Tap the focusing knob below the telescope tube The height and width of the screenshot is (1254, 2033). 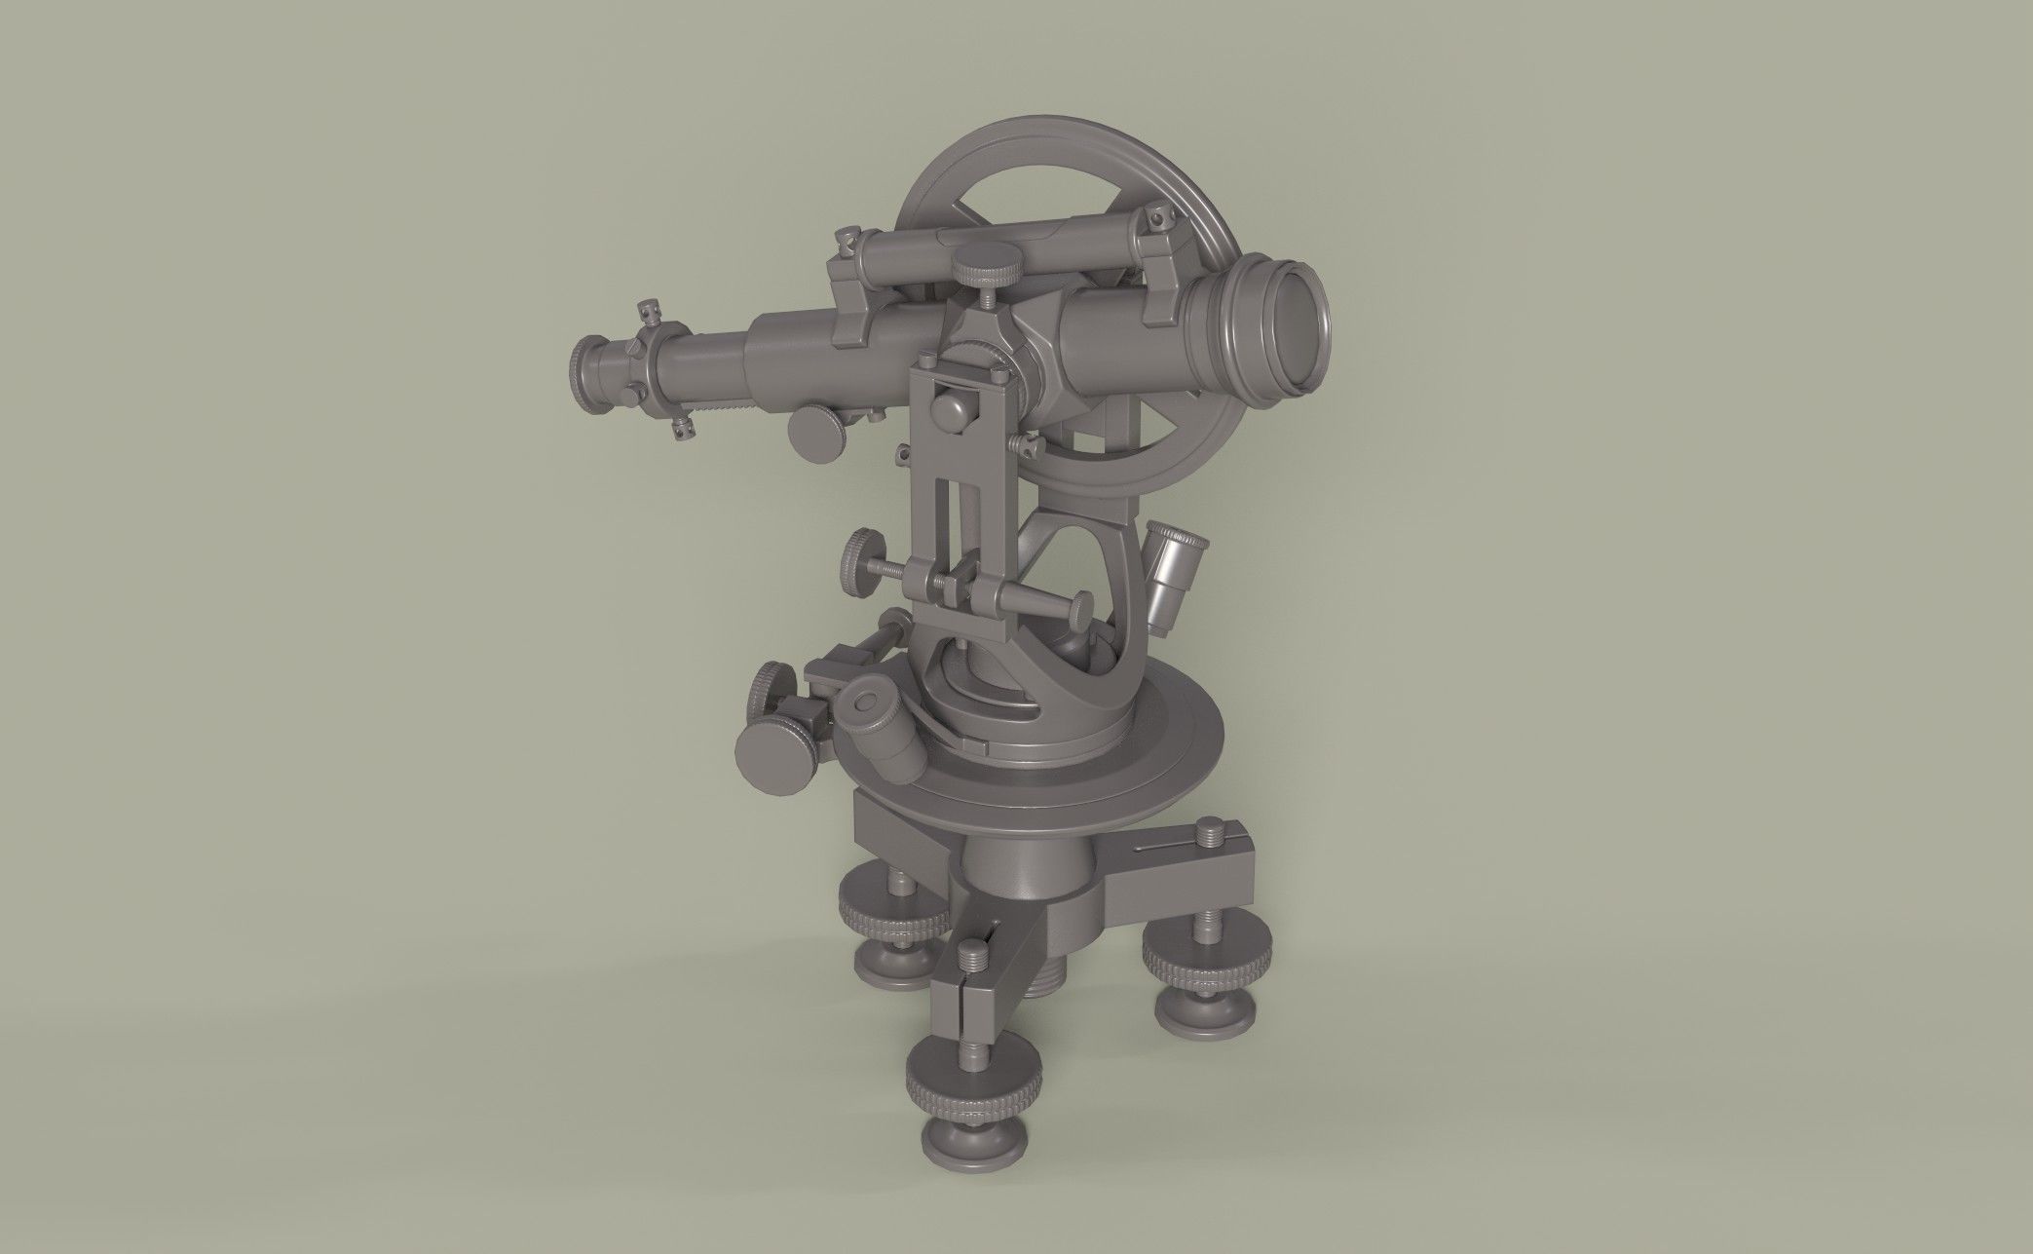tap(818, 435)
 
